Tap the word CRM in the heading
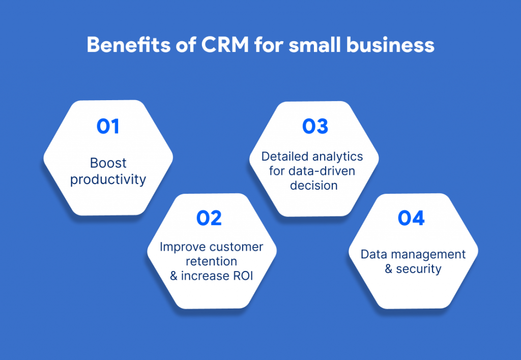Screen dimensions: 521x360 pos(225,45)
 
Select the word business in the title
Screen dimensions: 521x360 pos(390,45)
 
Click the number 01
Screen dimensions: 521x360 pos(108,126)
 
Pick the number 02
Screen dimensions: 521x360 pos(209,218)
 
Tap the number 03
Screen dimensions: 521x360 pos(315,126)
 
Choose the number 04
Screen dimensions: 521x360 pos(411,218)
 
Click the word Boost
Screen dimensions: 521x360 pos(108,163)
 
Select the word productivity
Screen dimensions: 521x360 pos(108,179)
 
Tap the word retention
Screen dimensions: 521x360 pos(211,261)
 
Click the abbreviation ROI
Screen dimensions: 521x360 pos(243,276)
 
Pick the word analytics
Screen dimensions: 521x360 pos(338,157)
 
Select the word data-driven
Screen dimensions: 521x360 pos(322,171)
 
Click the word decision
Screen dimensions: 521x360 pos(313,185)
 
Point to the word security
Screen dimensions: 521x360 pos(419,268)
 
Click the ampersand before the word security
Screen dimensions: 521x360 pos(388,268)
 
